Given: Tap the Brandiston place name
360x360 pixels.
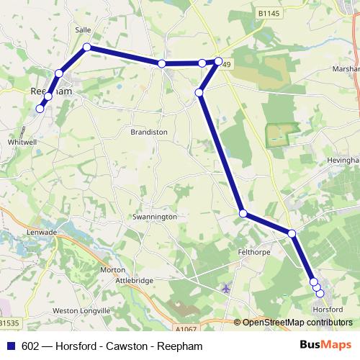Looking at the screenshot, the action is pos(148,132).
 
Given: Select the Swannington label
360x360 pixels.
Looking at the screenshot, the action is pos(154,216).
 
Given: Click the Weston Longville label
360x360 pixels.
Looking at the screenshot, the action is pos(81,310).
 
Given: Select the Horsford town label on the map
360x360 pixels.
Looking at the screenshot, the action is pos(328,309).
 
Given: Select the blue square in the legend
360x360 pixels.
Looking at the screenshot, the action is pos(10,346).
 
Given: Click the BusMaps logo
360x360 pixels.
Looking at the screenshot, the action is pos(330,346).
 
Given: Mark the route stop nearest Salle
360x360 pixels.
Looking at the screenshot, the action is pos(86,48).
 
